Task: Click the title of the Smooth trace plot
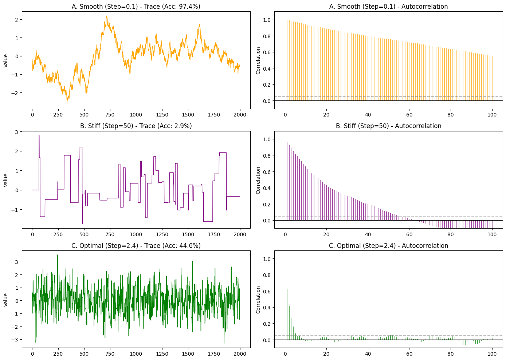136,7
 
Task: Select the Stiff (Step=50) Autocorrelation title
388,126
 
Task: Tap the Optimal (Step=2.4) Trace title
136,246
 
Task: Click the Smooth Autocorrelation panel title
388,7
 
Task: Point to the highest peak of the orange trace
107,16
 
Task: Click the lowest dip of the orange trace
67,104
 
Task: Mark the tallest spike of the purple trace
39,136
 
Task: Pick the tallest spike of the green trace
57,255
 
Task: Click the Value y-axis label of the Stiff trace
6,180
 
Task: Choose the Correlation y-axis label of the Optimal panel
258,300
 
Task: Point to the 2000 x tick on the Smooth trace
240,115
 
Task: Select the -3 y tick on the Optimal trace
16,340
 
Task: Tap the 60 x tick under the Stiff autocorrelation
409,234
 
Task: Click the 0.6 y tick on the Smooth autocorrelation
267,52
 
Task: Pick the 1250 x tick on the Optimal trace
162,354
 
